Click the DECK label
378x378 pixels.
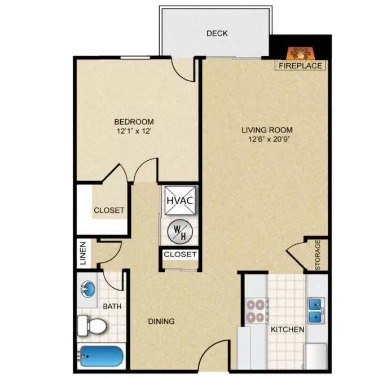pos(217,33)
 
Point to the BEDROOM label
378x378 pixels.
pos(134,122)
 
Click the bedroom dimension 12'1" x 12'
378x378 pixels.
pos(134,131)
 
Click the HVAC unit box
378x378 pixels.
pos(180,200)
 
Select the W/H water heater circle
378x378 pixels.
pos(180,230)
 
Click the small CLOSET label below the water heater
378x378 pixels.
pos(180,254)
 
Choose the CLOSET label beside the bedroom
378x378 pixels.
pos(109,210)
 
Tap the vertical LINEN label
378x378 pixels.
pos(83,254)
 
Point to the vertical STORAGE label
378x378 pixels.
pos(318,255)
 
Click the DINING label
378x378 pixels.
pos(162,321)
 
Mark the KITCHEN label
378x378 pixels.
pos(288,329)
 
